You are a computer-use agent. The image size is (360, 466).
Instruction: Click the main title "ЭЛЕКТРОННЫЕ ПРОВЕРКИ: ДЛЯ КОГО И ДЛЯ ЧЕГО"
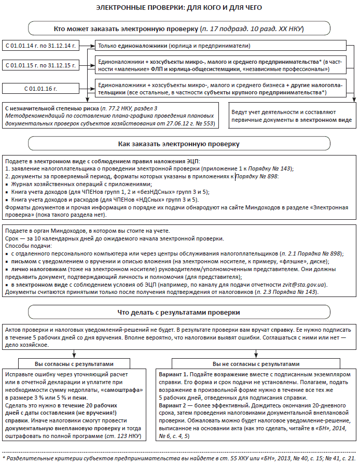[x=179, y=8]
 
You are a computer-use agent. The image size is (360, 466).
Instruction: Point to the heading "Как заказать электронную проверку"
[x=179, y=143]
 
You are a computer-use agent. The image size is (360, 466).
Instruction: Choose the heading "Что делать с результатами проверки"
[x=179, y=313]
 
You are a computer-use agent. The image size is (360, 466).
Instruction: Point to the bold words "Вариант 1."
[x=173, y=374]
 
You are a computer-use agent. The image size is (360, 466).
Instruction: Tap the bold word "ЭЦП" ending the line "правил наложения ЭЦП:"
[x=191, y=162]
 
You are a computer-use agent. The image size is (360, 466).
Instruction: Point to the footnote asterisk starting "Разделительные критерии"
[x=4, y=458]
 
